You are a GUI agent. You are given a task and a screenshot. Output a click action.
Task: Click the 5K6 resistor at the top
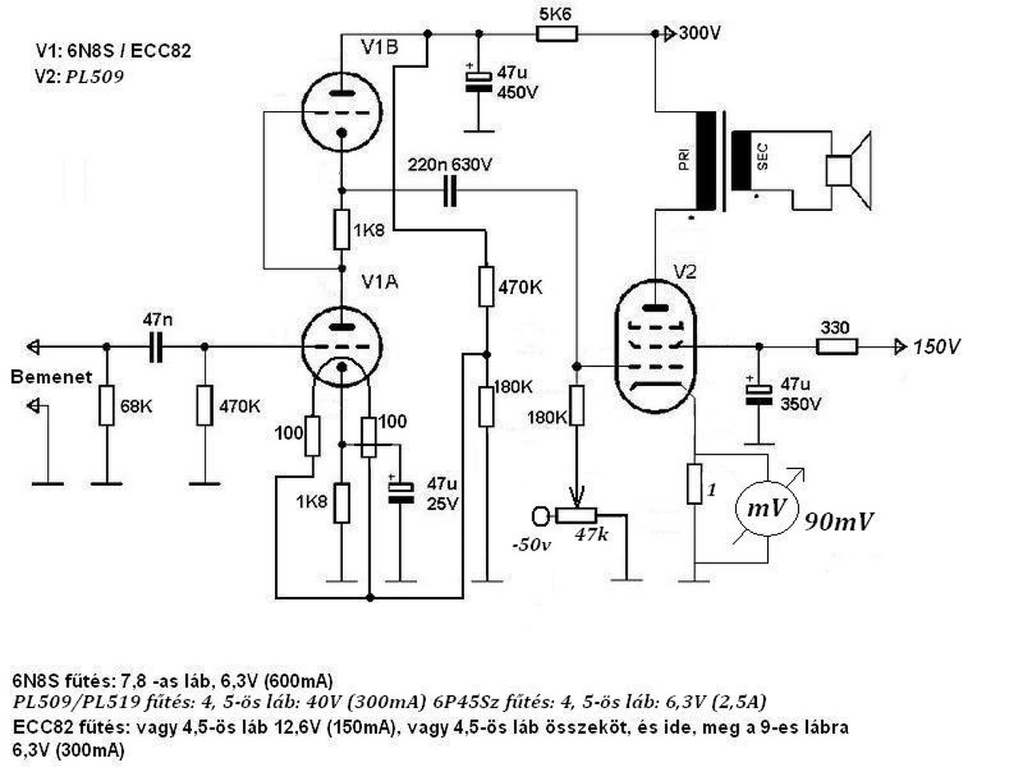point(556,34)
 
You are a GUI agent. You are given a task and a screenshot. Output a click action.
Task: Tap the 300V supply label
point(699,34)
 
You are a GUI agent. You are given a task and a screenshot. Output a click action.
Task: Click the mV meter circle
point(766,509)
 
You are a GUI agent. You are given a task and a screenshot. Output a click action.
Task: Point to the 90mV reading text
point(838,523)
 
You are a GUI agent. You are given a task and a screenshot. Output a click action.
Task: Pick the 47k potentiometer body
point(576,515)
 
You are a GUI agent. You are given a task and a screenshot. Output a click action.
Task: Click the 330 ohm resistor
point(837,347)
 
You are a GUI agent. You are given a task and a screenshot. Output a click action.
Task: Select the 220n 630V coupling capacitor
point(449,190)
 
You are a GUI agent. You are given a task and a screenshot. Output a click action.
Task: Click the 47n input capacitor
point(156,347)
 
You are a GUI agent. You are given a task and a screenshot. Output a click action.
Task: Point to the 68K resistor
point(107,405)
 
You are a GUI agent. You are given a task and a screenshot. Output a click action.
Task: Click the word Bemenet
point(51,377)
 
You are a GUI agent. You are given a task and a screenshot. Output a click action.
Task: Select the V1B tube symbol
point(341,112)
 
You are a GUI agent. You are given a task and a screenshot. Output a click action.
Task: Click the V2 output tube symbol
point(655,346)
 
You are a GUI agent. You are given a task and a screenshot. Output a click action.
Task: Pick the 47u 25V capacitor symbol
point(401,493)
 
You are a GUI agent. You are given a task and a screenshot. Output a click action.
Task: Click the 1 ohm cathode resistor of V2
point(695,483)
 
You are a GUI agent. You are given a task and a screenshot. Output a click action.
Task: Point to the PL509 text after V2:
point(94,77)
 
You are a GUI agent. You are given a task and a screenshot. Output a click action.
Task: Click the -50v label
point(531,545)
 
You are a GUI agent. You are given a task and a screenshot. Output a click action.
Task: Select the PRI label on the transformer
point(684,158)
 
